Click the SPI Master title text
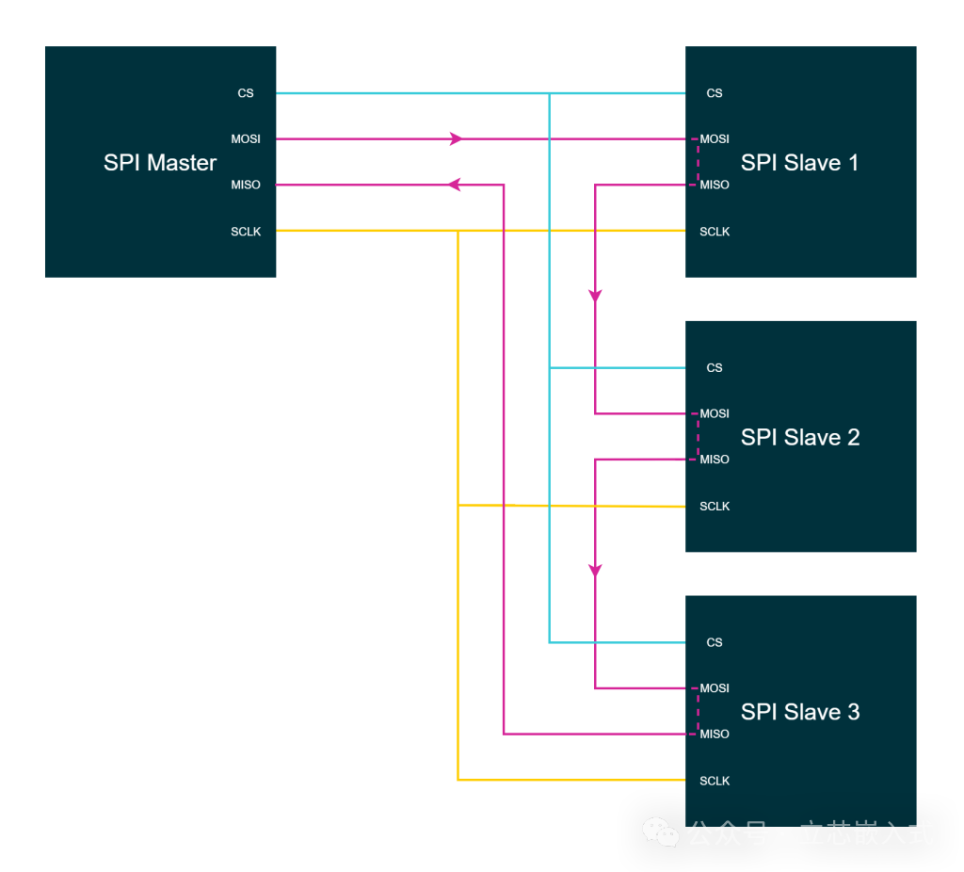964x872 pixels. point(160,163)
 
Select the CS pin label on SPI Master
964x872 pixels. point(246,93)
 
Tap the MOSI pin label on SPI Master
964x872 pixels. point(246,139)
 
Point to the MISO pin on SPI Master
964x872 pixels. point(246,185)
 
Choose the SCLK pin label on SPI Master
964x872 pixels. point(246,232)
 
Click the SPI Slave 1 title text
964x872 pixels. point(799,163)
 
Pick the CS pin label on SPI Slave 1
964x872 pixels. point(715,93)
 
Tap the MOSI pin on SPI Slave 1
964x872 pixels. point(715,139)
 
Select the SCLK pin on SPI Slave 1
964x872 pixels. point(715,232)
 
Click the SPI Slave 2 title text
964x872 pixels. point(799,438)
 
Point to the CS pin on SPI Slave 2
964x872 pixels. point(715,368)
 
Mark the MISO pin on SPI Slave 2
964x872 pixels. point(715,460)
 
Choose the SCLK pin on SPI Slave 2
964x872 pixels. point(715,507)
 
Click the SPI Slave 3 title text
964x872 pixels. point(799,712)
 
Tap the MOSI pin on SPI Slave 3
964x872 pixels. point(715,688)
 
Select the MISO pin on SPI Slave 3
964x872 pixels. point(715,735)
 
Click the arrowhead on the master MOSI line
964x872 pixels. point(457,138)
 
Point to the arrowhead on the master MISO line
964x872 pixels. point(454,185)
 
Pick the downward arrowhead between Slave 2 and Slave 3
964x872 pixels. point(595,570)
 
